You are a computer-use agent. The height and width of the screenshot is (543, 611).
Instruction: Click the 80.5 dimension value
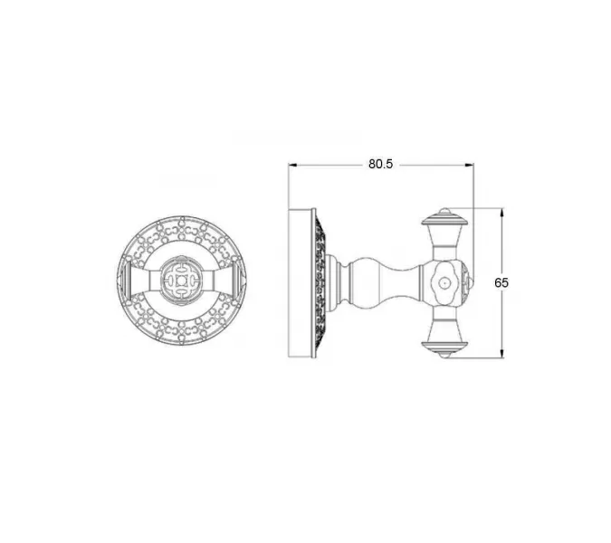(381, 165)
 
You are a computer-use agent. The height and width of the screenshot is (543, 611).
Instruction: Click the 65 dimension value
(501, 282)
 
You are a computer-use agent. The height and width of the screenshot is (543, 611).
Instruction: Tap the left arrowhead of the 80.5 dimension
(292, 165)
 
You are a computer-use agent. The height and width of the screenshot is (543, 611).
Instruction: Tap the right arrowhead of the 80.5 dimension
(469, 165)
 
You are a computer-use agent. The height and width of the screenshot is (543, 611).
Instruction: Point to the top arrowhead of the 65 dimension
(501, 213)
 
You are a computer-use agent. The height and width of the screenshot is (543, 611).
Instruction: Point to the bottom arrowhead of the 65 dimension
(501, 353)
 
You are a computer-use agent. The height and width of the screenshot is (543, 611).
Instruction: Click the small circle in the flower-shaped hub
(443, 282)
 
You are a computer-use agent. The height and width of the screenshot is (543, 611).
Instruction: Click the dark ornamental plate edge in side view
(320, 283)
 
